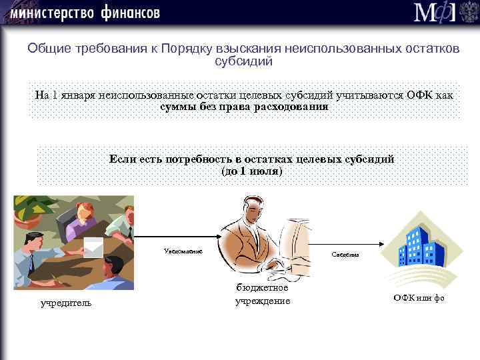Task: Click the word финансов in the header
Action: pyautogui.click(x=131, y=12)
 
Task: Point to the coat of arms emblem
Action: pyautogui.click(x=468, y=13)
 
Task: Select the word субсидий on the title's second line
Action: pyautogui.click(x=243, y=61)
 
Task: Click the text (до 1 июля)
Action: pyautogui.click(x=251, y=171)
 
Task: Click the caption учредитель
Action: pyautogui.click(x=66, y=304)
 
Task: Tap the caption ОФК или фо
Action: pyautogui.click(x=418, y=298)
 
